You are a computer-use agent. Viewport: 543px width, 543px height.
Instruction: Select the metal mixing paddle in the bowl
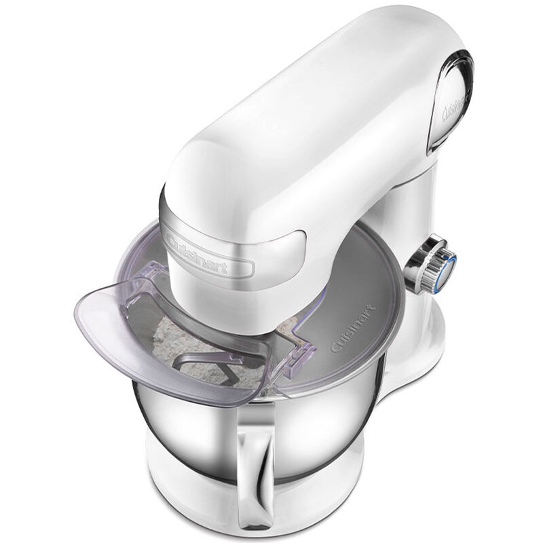pos(204,370)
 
